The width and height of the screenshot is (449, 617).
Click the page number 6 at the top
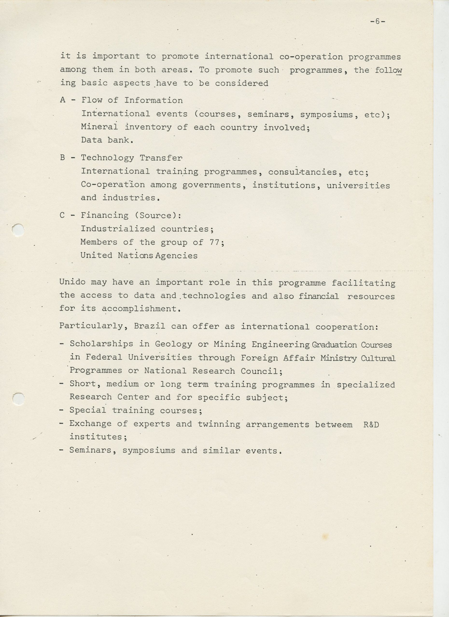point(377,21)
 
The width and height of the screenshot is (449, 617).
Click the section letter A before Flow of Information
point(63,100)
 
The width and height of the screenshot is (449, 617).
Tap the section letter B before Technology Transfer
point(63,158)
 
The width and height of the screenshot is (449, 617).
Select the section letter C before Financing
point(62,215)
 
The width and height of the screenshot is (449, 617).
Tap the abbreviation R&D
point(371,424)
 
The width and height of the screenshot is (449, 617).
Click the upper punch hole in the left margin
point(19,230)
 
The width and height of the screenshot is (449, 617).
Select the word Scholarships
point(101,344)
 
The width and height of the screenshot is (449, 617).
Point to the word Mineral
point(99,127)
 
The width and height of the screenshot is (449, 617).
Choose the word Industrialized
point(118,229)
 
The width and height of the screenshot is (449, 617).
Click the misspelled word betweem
point(333,424)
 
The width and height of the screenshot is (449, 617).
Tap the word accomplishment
point(139,309)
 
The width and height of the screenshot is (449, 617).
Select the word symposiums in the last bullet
point(149,450)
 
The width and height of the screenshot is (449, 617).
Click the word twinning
point(219,424)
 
